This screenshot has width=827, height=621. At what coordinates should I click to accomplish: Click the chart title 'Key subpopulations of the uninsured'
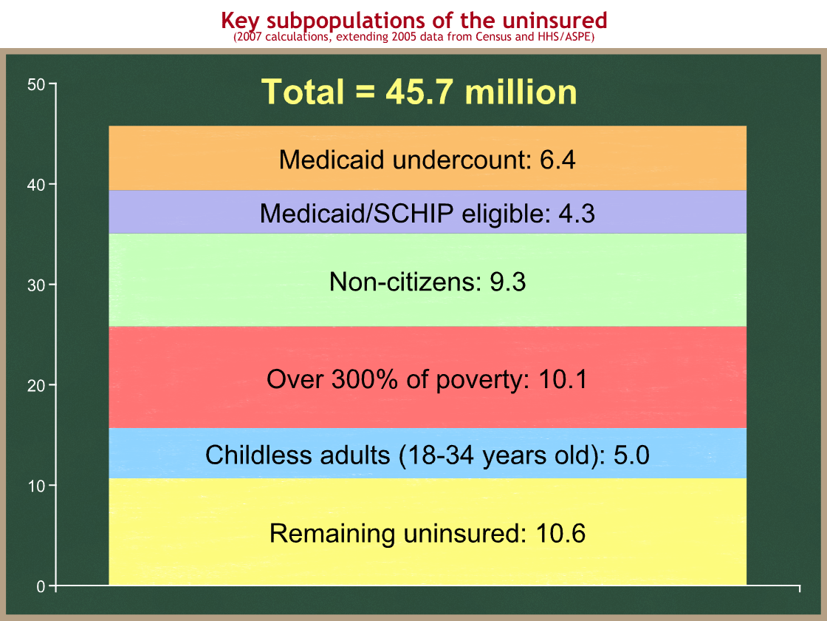point(414,20)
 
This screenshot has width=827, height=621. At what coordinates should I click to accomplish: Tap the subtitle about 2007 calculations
point(414,37)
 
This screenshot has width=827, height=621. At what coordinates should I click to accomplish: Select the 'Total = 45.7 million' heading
point(419,92)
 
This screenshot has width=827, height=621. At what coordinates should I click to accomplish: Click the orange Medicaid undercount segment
point(428,158)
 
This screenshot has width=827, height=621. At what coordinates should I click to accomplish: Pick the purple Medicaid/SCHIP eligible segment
point(428,211)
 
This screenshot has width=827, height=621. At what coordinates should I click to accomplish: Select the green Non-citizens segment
point(428,280)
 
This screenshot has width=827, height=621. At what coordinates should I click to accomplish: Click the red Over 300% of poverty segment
point(428,377)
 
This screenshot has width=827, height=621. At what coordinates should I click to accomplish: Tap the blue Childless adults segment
point(428,453)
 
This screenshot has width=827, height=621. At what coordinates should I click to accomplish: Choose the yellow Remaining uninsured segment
point(428,532)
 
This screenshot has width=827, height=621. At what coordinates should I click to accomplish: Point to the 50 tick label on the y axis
point(36,84)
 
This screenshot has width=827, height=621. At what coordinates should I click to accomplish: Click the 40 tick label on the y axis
point(36,185)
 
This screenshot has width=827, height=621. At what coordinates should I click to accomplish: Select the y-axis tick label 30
point(36,285)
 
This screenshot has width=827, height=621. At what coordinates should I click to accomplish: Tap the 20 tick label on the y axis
point(36,385)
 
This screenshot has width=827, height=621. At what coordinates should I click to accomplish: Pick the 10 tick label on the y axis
point(36,486)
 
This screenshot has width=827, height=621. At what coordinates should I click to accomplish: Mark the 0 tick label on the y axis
point(41,586)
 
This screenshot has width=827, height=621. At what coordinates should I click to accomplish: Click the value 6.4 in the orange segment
point(557,160)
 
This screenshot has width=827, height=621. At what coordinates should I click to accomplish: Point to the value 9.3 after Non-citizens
point(508,282)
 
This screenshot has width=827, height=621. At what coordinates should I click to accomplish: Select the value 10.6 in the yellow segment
point(560,533)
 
